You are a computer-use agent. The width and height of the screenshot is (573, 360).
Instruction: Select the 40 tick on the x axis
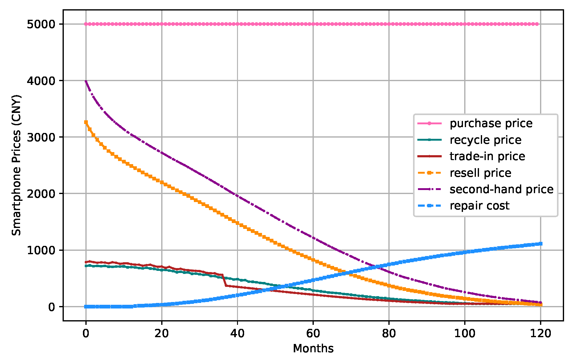point(237,333)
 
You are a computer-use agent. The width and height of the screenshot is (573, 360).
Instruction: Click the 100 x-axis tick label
point(465,333)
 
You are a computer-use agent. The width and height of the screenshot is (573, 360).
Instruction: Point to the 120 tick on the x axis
point(540,333)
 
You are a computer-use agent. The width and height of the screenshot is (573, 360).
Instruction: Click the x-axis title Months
point(313,349)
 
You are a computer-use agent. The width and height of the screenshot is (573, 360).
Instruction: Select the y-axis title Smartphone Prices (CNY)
point(16,165)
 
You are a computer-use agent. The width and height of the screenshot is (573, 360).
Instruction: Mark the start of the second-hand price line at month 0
point(86,81)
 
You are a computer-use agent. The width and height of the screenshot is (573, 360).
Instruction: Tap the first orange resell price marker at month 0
point(86,122)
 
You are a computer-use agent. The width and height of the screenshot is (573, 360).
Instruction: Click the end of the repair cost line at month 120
point(540,244)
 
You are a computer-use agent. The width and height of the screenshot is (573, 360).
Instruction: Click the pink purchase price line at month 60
point(313,24)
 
